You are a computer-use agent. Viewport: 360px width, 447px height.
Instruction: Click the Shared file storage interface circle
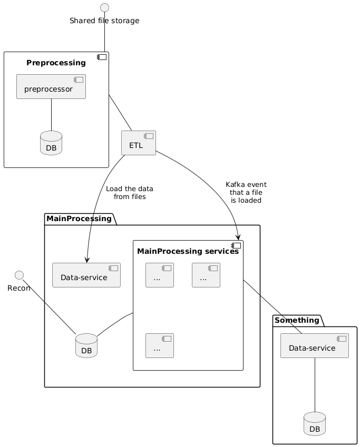click(x=104, y=7)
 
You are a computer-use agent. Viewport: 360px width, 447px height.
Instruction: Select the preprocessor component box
click(x=51, y=87)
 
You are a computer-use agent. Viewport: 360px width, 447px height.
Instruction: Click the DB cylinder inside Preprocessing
click(x=51, y=143)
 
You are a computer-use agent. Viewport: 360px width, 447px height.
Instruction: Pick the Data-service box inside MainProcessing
click(x=86, y=275)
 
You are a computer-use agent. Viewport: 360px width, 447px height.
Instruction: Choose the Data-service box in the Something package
click(x=315, y=345)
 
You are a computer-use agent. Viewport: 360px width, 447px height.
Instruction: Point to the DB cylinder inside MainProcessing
click(x=86, y=345)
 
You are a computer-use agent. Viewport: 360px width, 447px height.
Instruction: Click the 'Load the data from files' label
click(x=130, y=193)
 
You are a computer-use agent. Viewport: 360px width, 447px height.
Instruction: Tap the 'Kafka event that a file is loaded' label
click(x=246, y=192)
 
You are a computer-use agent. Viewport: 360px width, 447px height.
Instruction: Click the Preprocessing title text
click(x=56, y=63)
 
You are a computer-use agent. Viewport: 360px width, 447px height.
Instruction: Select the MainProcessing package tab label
click(x=79, y=218)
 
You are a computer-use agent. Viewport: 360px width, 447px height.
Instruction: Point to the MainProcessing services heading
click(x=187, y=252)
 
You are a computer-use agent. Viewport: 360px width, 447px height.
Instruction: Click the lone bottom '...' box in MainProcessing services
click(x=160, y=345)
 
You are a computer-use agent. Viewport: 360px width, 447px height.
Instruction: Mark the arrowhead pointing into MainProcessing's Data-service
click(x=86, y=260)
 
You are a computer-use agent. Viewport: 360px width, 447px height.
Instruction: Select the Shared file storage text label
click(x=104, y=21)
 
